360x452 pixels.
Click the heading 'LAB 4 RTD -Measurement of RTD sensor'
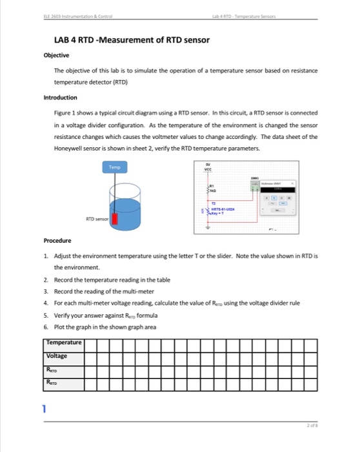132,41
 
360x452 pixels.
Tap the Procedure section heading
58,240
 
